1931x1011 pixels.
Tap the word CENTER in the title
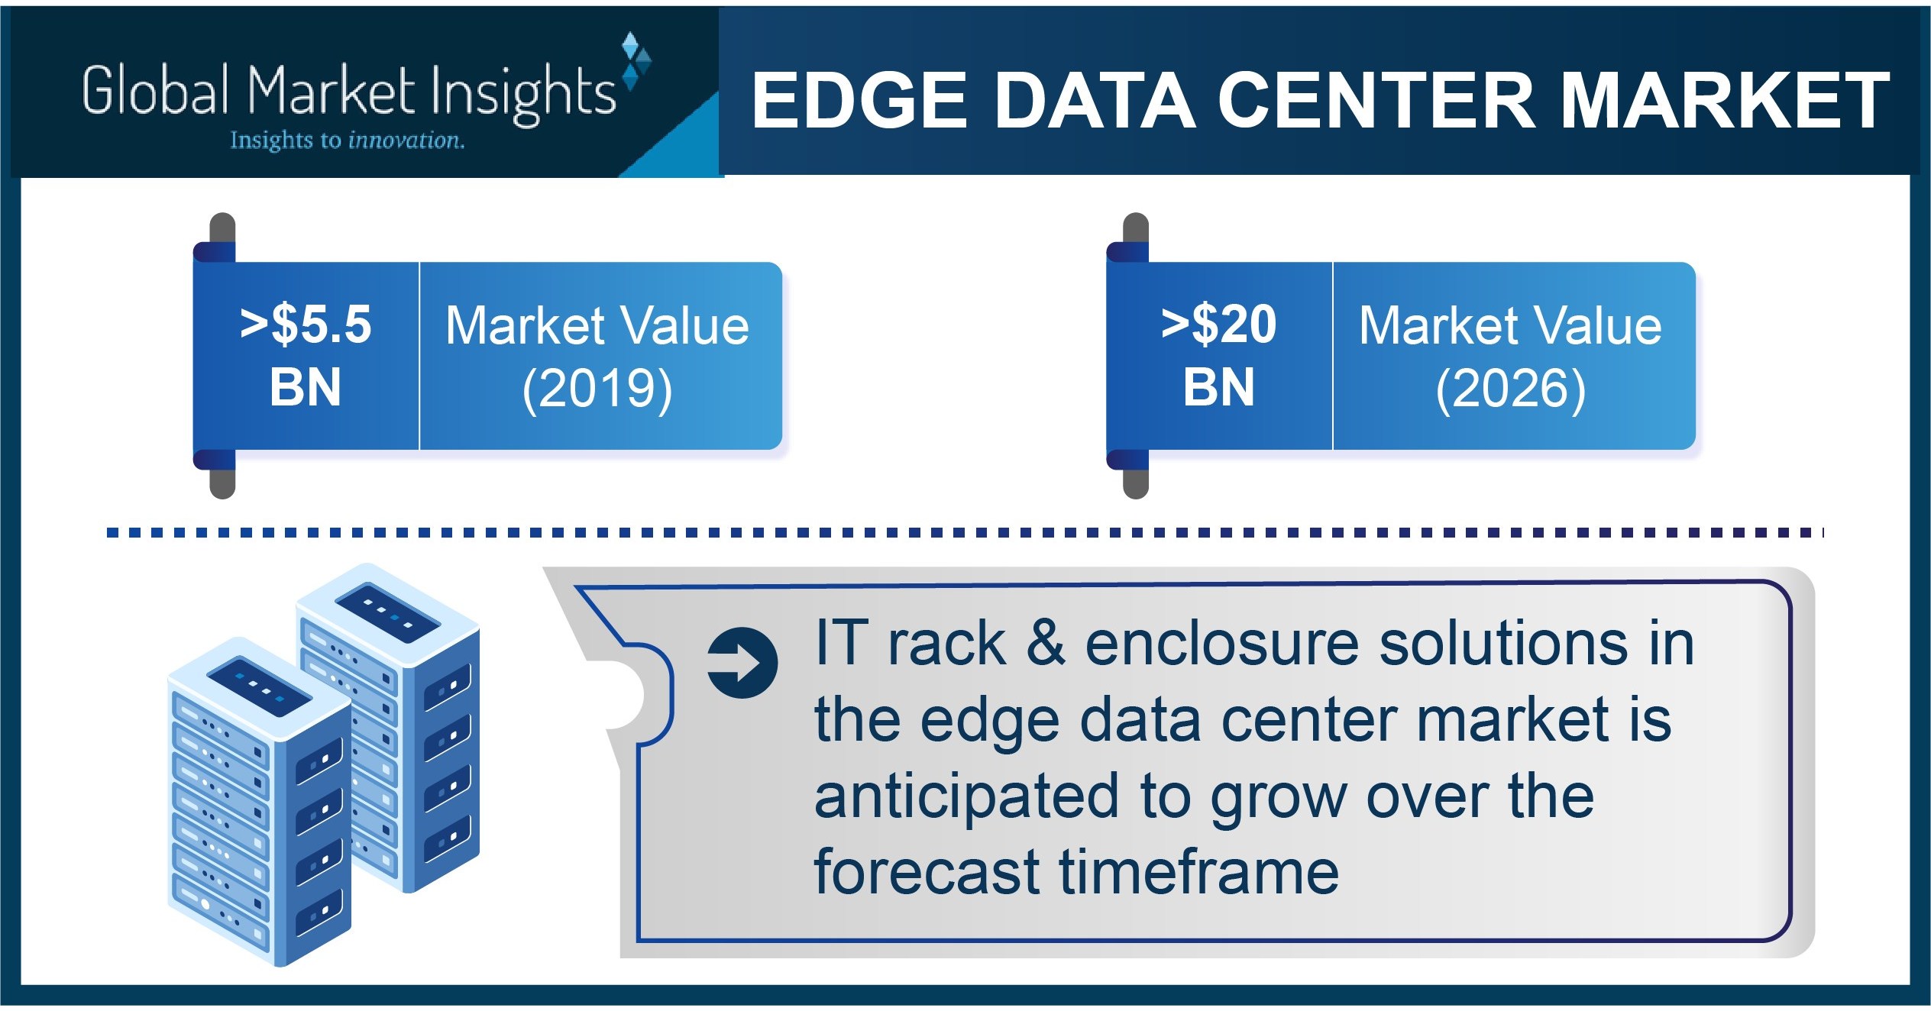pos(1375,101)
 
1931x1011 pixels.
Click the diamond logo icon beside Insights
pos(636,61)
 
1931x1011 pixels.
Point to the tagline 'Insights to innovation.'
pos(348,141)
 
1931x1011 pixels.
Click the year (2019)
pos(597,389)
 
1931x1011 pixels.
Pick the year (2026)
pos(1510,389)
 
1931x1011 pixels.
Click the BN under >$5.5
pos(306,387)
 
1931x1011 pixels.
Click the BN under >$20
pos(1218,387)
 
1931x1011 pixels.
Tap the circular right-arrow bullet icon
pos(742,663)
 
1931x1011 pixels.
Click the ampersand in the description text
pos(1045,643)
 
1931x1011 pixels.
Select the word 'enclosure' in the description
pos(1222,643)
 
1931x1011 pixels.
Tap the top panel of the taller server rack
pos(387,612)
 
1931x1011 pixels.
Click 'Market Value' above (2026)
pos(1510,326)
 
